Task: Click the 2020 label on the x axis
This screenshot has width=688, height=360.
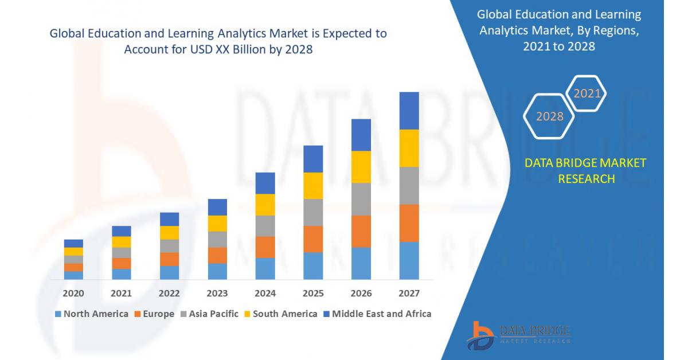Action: point(73,294)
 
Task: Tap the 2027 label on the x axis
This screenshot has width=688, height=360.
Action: point(409,294)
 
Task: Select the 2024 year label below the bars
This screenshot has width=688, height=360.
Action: point(265,294)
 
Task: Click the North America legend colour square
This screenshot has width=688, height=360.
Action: point(57,314)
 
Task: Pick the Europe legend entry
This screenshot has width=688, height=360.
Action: point(154,314)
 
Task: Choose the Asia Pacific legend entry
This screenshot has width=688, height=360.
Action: point(210,314)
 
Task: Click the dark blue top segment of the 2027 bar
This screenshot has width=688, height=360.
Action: point(409,111)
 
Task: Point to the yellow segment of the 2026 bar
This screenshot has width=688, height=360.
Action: point(361,167)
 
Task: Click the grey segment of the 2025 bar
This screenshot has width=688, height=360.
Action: point(313,212)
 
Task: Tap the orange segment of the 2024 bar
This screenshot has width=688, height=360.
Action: point(265,247)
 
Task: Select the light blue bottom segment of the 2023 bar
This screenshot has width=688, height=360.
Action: point(217,271)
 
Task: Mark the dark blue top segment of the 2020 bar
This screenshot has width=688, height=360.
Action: point(73,244)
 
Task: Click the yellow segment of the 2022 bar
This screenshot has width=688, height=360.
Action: point(169,233)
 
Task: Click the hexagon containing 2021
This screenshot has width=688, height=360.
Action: point(586,93)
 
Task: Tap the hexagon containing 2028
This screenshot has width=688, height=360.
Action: point(549,116)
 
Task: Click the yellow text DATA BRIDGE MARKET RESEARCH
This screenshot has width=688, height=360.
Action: point(585,171)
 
